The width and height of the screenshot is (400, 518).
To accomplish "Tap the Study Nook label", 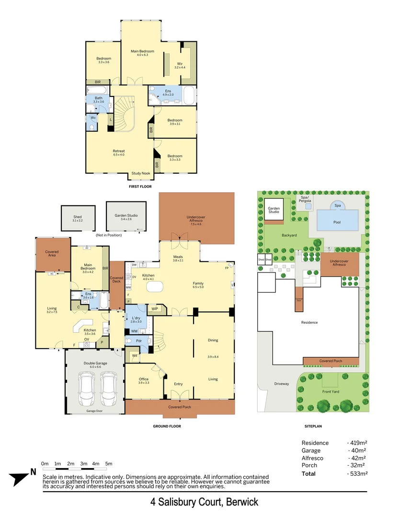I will point(140,173).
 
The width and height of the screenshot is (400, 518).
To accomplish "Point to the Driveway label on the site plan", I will point(282,384).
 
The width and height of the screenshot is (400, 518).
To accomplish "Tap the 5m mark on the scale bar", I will point(108,464).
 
